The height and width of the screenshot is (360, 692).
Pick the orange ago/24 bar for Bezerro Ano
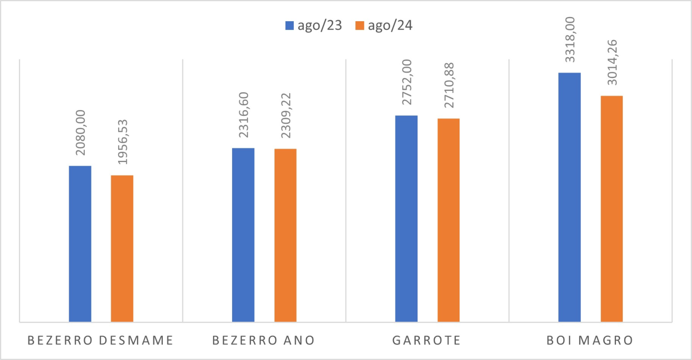coord(286,235)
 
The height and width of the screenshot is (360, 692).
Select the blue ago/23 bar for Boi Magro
coord(569,197)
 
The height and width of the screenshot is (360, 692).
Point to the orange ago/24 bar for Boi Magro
coord(612,209)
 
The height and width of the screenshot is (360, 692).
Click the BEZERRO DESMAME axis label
coord(101,341)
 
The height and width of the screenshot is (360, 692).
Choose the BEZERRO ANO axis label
coord(263,341)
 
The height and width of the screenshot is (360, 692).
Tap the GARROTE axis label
coord(427,341)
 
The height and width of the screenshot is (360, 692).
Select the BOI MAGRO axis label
coord(590,341)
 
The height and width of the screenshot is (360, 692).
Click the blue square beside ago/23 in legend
coord(290,26)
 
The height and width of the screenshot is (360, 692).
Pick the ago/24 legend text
coord(390,26)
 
